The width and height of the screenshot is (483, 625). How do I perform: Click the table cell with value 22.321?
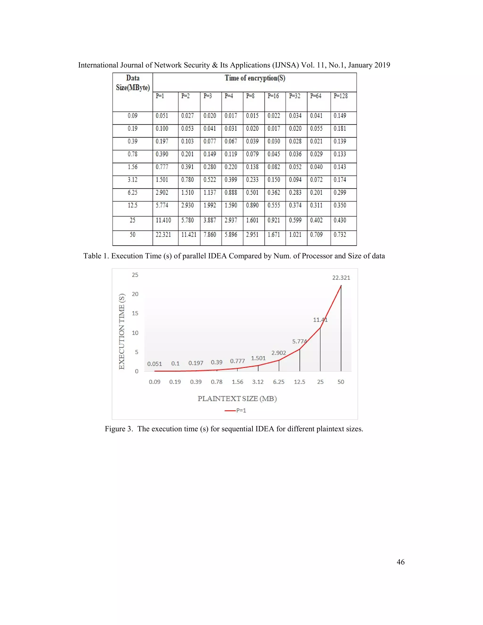click(x=163, y=235)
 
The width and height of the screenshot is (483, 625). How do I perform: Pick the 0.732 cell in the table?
click(x=340, y=235)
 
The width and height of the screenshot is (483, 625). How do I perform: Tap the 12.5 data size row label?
click(x=133, y=205)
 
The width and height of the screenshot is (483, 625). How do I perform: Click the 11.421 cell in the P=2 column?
click(x=189, y=235)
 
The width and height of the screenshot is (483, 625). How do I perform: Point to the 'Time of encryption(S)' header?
click(x=255, y=78)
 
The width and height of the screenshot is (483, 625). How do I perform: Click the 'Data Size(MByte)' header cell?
click(x=133, y=83)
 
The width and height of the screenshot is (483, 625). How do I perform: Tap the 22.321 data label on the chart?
click(x=341, y=278)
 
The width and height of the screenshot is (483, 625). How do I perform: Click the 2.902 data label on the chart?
click(x=279, y=353)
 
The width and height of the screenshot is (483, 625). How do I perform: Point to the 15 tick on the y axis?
click(x=135, y=313)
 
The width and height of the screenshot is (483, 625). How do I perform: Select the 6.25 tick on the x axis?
click(x=279, y=382)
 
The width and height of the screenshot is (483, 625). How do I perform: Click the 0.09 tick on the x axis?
click(x=154, y=382)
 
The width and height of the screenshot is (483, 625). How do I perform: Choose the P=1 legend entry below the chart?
click(x=236, y=411)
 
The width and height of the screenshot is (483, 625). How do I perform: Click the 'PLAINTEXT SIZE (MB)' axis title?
click(x=237, y=399)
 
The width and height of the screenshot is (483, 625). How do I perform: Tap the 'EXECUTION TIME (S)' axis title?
click(x=122, y=331)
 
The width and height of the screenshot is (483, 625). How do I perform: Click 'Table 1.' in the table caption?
click(x=96, y=256)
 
